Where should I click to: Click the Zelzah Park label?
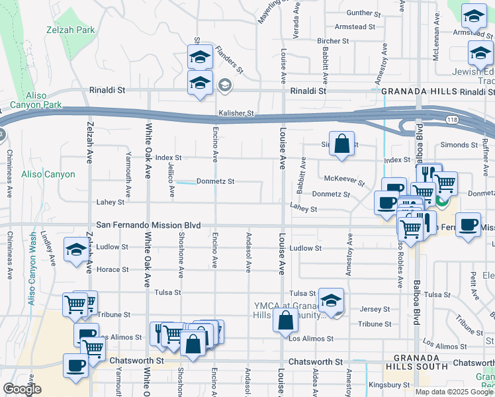click(x=70, y=30)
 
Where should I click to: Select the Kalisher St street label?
click(x=236, y=114)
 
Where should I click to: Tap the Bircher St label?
click(x=333, y=41)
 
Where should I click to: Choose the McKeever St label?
click(x=344, y=179)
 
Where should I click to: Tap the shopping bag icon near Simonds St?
click(x=341, y=144)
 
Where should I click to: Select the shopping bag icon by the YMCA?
click(x=286, y=321)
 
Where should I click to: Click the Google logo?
click(x=22, y=390)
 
